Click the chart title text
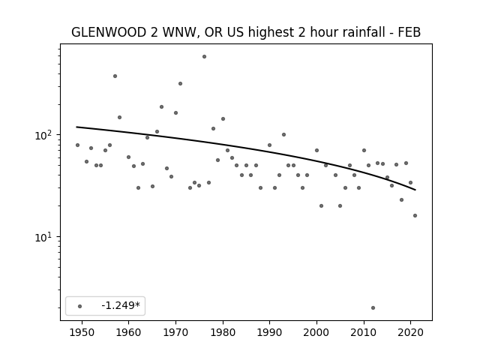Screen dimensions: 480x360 click(x=246, y=32)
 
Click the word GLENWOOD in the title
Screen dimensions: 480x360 click(x=109, y=32)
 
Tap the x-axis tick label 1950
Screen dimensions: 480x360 click(x=82, y=332)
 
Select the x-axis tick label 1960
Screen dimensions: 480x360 click(x=128, y=332)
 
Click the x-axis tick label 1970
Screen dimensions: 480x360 click(x=175, y=332)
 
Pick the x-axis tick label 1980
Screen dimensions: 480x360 click(x=223, y=332)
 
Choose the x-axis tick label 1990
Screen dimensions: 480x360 click(x=270, y=332)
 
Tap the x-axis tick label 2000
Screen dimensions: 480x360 click(x=316, y=332)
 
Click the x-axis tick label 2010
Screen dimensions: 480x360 click(x=364, y=332)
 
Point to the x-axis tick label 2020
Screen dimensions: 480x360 click(x=411, y=332)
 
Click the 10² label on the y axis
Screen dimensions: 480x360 click(x=45, y=135)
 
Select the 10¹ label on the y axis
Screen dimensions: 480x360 click(x=45, y=237)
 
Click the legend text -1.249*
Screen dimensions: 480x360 click(x=121, y=305)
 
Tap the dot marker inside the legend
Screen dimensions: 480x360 click(x=80, y=306)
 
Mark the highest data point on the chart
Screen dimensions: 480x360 click(x=204, y=57)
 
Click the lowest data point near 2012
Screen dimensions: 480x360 click(x=373, y=308)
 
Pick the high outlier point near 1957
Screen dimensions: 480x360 click(x=115, y=76)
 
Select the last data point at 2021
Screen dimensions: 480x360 click(x=415, y=215)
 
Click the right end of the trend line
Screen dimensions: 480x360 click(x=415, y=190)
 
